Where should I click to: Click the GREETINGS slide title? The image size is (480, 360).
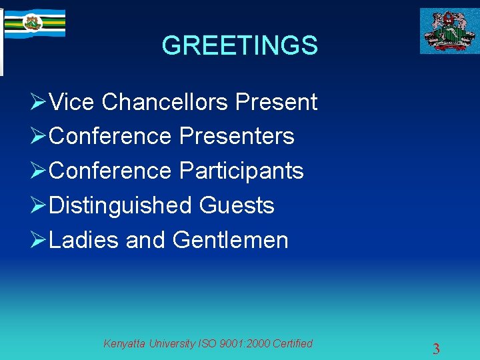click(239, 46)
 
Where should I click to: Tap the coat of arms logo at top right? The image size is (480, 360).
click(449, 31)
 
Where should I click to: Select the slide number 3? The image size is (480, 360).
click(436, 349)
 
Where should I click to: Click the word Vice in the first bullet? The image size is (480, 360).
click(73, 102)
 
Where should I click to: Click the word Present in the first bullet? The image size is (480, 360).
click(276, 102)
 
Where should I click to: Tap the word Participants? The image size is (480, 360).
click(241, 171)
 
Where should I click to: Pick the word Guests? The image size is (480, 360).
click(237, 205)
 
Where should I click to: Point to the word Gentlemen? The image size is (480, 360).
click(230, 240)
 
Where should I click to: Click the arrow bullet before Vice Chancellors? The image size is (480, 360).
click(38, 103)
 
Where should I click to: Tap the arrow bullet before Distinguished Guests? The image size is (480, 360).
click(38, 206)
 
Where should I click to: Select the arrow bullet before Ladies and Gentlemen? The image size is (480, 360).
click(38, 241)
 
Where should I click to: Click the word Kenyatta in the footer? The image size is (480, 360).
click(125, 344)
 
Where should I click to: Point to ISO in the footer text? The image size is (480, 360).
click(207, 344)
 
